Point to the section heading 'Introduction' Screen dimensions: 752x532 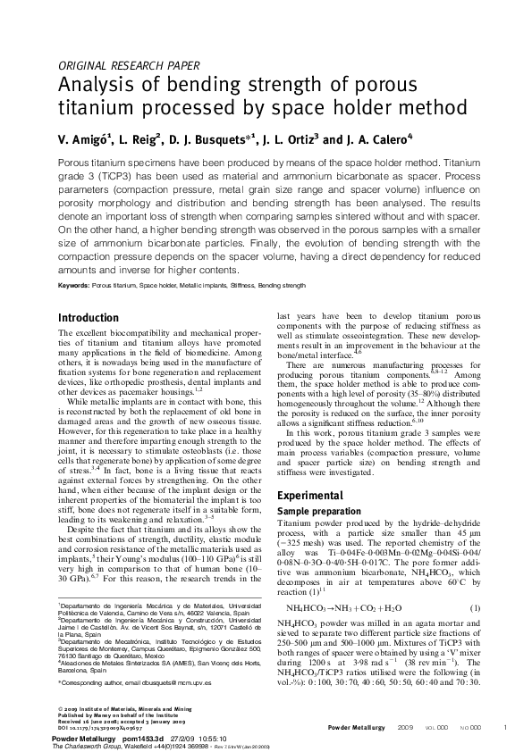point(88,318)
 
